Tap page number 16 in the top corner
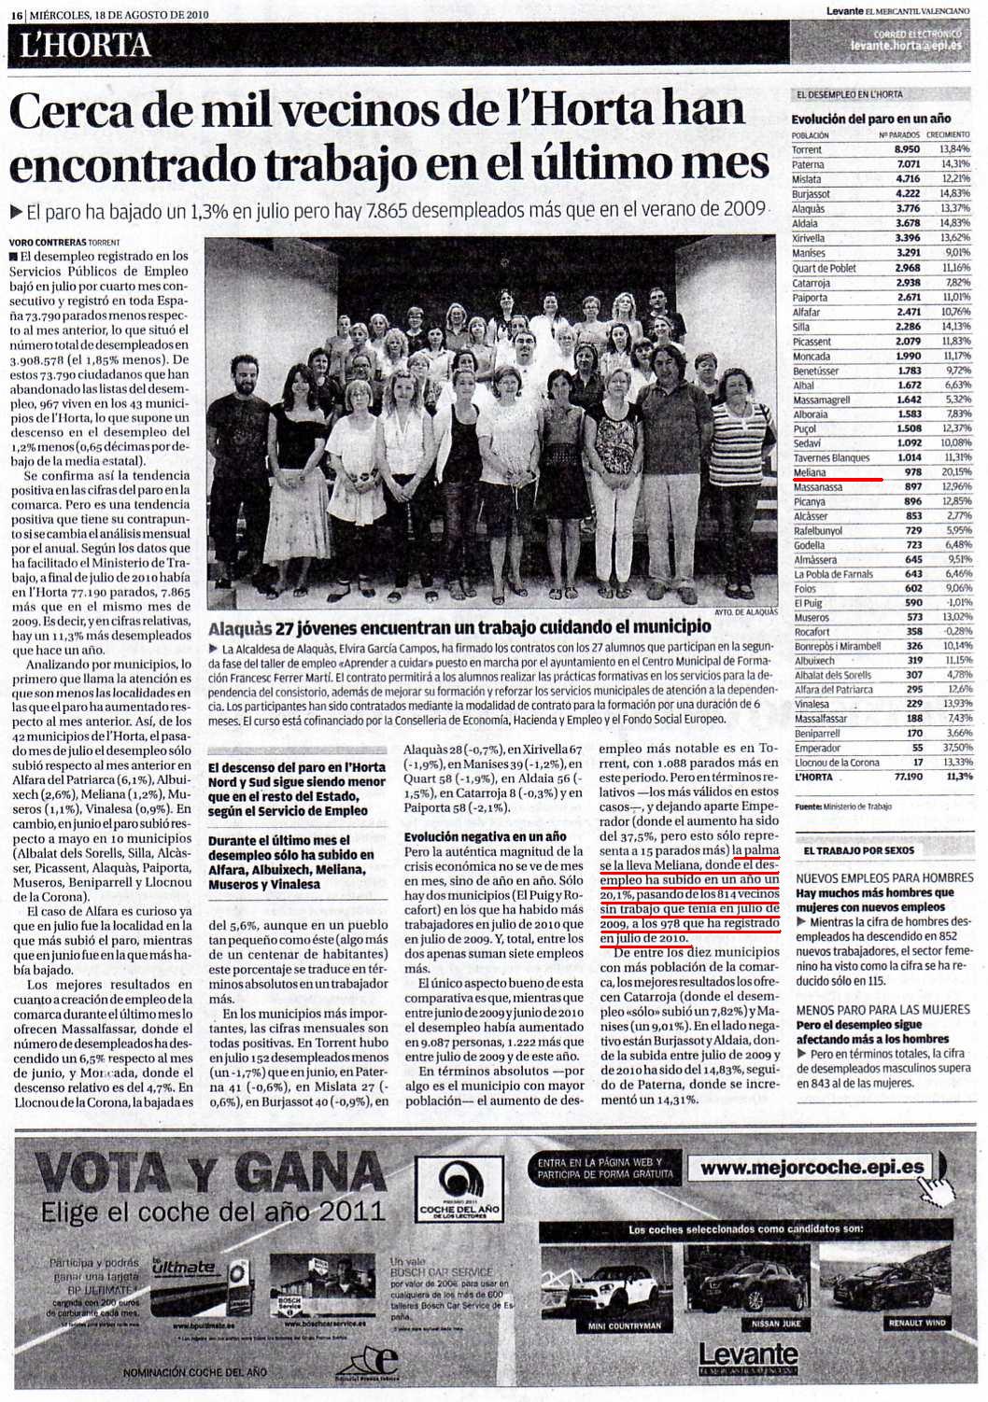click(17, 14)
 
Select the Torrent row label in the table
click(807, 149)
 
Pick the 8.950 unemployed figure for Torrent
click(906, 149)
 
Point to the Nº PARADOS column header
click(900, 134)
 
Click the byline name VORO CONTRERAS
click(46, 242)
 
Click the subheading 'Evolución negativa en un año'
click(486, 837)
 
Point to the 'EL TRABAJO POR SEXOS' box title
click(858, 850)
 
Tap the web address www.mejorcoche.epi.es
click(812, 1168)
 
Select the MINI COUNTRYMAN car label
click(625, 1325)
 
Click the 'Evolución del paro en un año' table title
click(870, 119)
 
